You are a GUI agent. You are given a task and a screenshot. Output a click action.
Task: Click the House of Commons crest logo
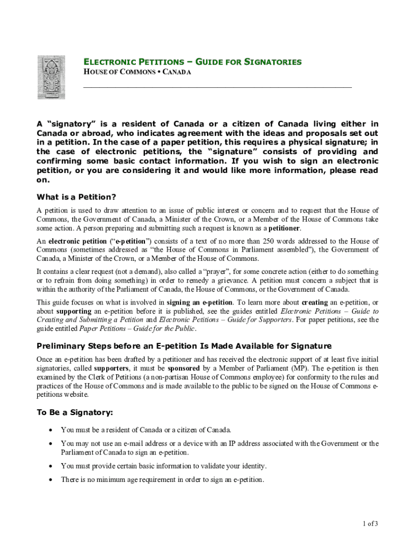pos(51,77)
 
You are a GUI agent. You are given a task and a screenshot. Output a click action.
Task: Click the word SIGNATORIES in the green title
pos(273,62)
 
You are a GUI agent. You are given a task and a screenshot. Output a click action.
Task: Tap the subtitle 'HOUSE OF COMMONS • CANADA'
pos(137,72)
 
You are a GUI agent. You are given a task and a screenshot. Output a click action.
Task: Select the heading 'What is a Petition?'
pos(76,197)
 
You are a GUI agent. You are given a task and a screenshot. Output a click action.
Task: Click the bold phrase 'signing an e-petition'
pos(200,302)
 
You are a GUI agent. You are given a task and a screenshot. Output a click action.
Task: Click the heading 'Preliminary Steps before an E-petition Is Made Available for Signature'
pos(184,346)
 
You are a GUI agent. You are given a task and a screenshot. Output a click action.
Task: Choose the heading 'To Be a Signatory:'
pos(74,412)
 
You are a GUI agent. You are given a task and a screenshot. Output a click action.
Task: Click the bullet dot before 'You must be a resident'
pos(51,430)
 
